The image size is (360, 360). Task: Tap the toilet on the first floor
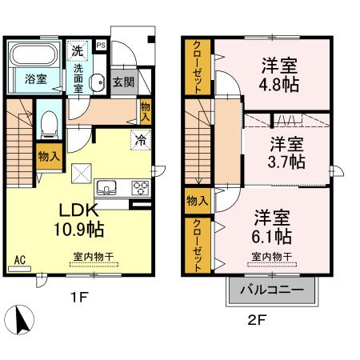pyautogui.click(x=47, y=122)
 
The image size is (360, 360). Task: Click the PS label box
pyautogui.click(x=101, y=46)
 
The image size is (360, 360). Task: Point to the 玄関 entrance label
pyautogui.click(x=122, y=81)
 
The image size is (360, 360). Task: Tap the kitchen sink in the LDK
pyautogui.click(x=106, y=189)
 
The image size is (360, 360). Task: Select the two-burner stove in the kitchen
pyautogui.click(x=140, y=189)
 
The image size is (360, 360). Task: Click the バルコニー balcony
pyautogui.click(x=271, y=289)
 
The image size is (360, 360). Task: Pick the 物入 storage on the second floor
pyautogui.click(x=198, y=200)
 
